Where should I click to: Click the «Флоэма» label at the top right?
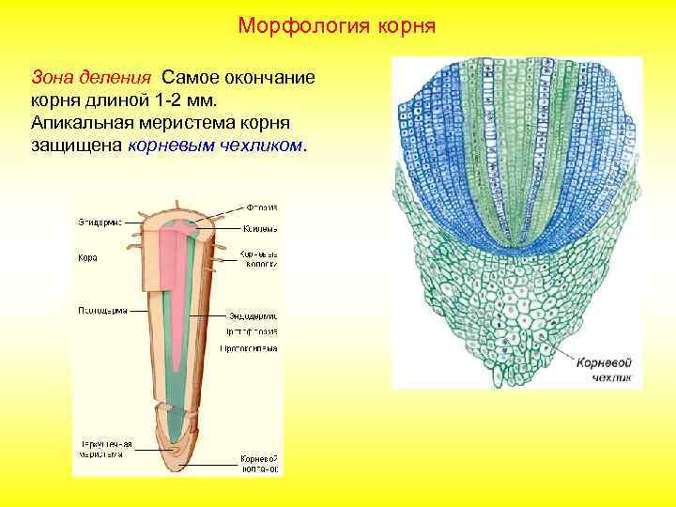pyautogui.click(x=261, y=207)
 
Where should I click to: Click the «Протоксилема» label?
pyautogui.click(x=250, y=347)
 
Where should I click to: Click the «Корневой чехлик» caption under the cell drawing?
pyautogui.click(x=603, y=369)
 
